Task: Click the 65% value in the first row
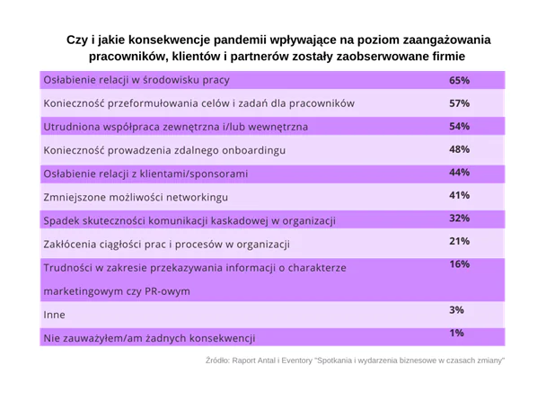coord(460,80)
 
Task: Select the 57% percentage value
coord(460,102)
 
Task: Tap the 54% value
coord(460,126)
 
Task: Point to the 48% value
coord(460,149)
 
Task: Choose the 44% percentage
coord(460,172)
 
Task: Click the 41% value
coord(460,195)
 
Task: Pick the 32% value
coord(460,218)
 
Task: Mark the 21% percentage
coord(460,241)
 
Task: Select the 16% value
coord(460,264)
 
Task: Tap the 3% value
coord(456,310)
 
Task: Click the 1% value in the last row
coord(456,334)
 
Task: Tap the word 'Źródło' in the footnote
coord(219,360)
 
